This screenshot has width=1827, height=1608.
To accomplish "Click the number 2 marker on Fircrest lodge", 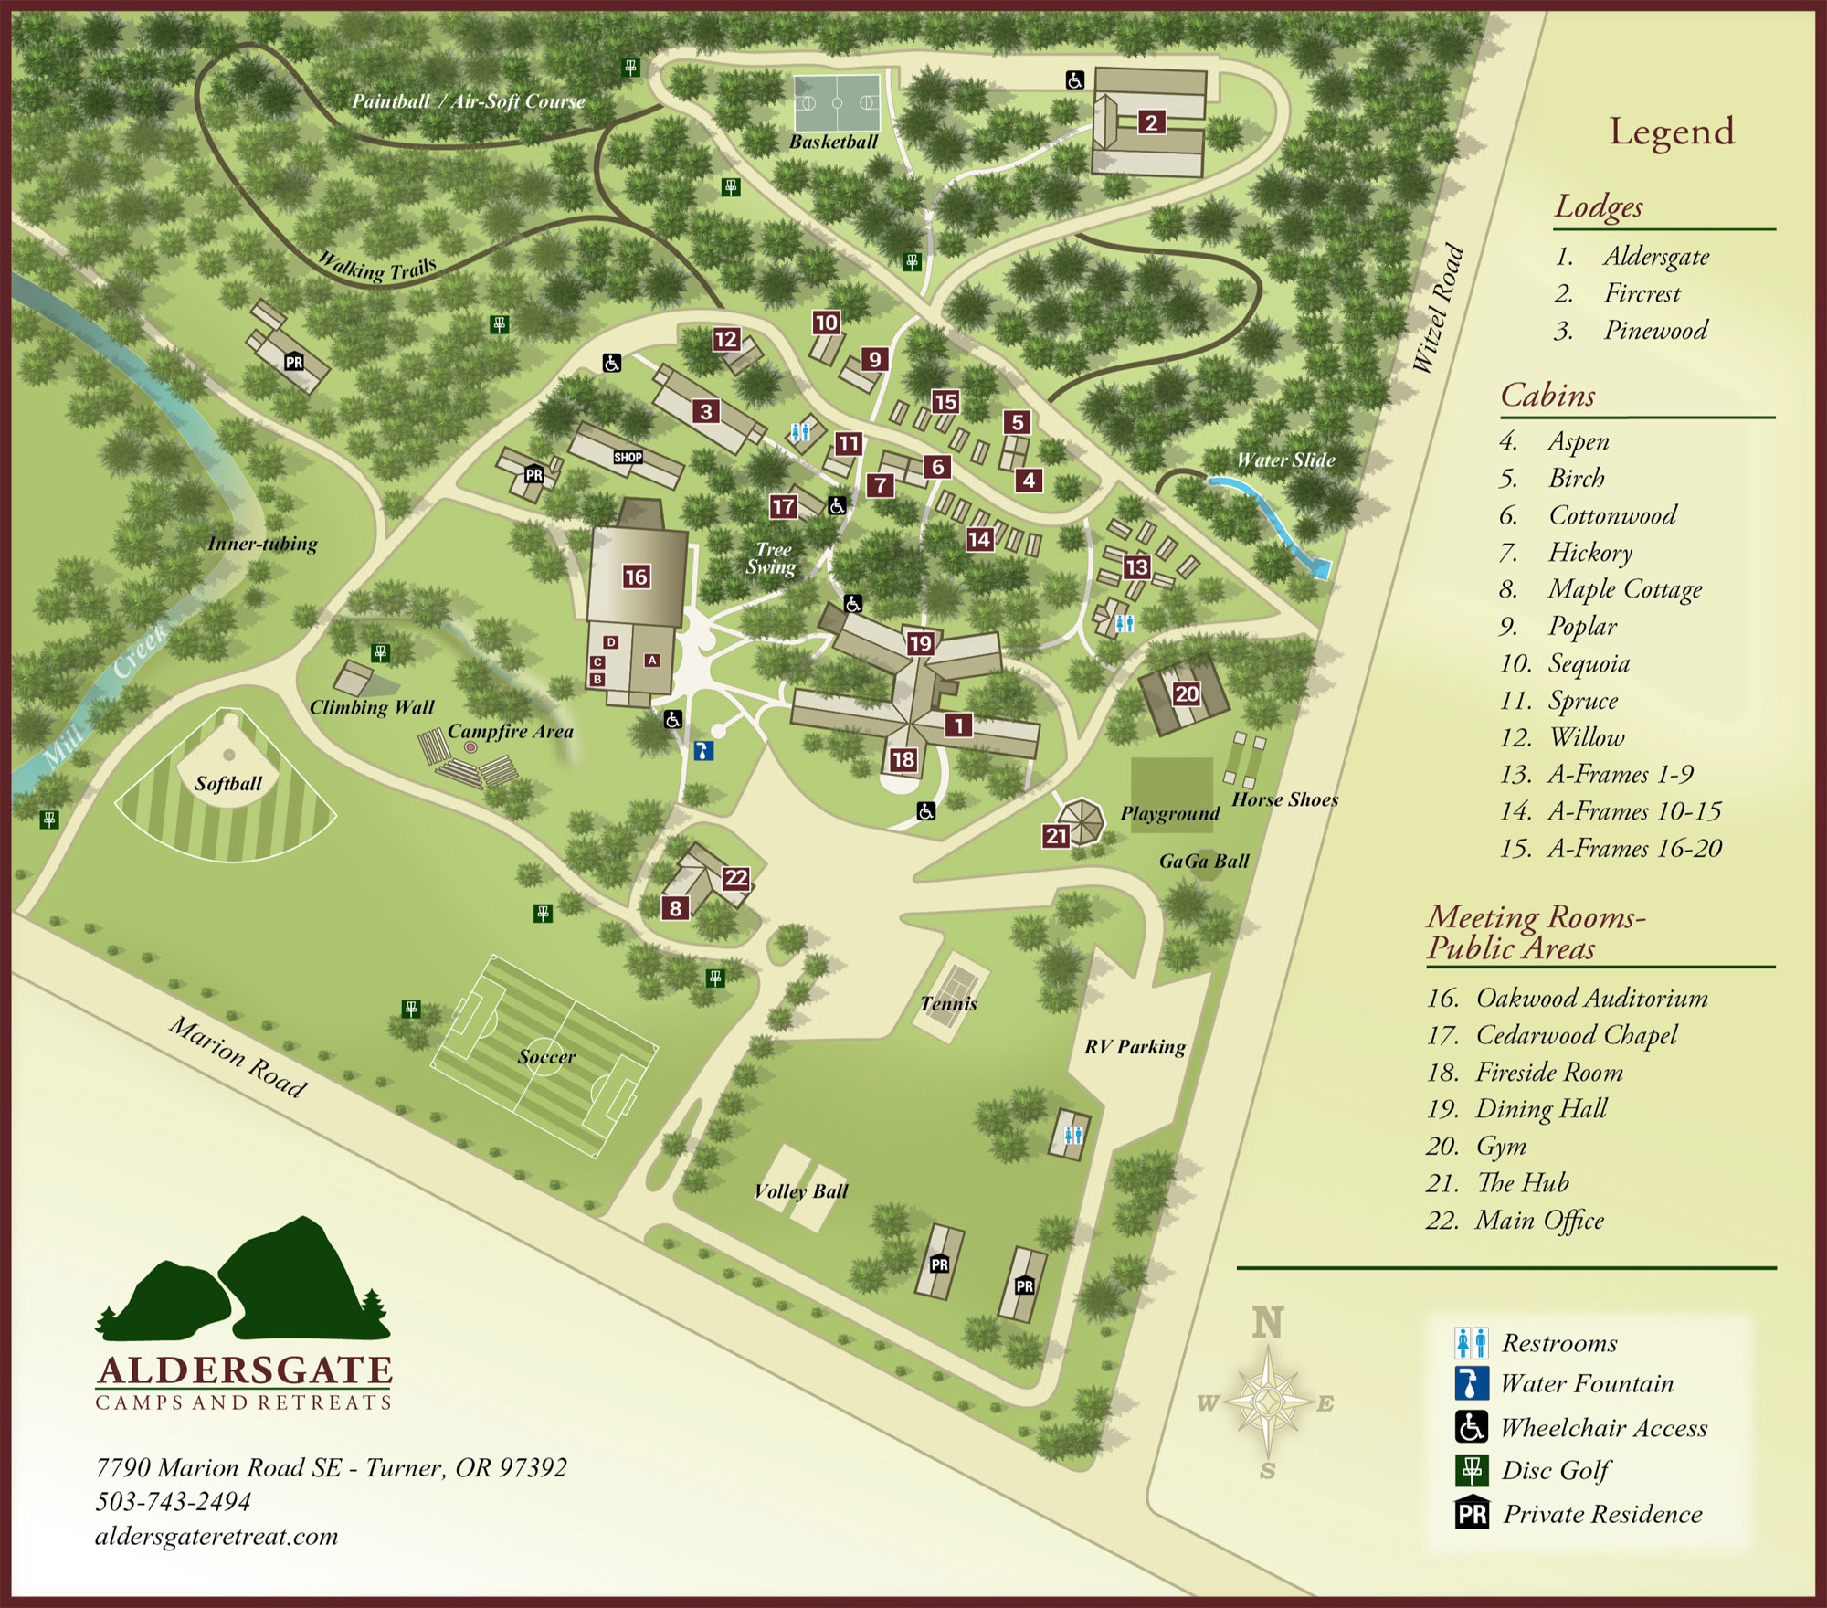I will (1151, 122).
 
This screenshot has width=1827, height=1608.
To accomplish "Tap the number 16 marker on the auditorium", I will (636, 577).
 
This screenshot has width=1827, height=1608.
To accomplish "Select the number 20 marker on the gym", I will (1186, 693).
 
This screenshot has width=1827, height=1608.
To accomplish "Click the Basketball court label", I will (833, 142).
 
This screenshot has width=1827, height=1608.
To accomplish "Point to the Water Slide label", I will (1285, 460).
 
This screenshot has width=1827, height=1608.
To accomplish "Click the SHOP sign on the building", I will (628, 457).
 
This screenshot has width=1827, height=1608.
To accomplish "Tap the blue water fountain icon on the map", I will (702, 751).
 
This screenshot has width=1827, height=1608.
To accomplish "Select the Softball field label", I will (227, 783).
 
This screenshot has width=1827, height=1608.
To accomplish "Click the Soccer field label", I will (546, 1056).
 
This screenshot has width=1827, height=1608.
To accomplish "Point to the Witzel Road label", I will (1438, 308).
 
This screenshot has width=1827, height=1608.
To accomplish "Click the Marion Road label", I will (238, 1056).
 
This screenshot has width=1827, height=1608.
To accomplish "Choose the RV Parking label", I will (1135, 1046).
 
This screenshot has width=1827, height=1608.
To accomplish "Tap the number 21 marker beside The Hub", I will (1056, 835).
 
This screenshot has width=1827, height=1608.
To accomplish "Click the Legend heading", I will (1671, 132).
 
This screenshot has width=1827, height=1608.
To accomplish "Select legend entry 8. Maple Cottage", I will (1600, 589).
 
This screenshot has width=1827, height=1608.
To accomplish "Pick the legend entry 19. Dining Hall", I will (1516, 1109).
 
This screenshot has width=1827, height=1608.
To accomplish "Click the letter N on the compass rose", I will (1267, 1323).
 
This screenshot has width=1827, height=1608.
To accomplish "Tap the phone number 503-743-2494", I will (173, 1501).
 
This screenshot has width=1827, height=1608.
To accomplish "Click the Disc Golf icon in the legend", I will (1471, 1470).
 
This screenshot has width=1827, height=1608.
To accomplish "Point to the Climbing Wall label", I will (372, 707).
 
